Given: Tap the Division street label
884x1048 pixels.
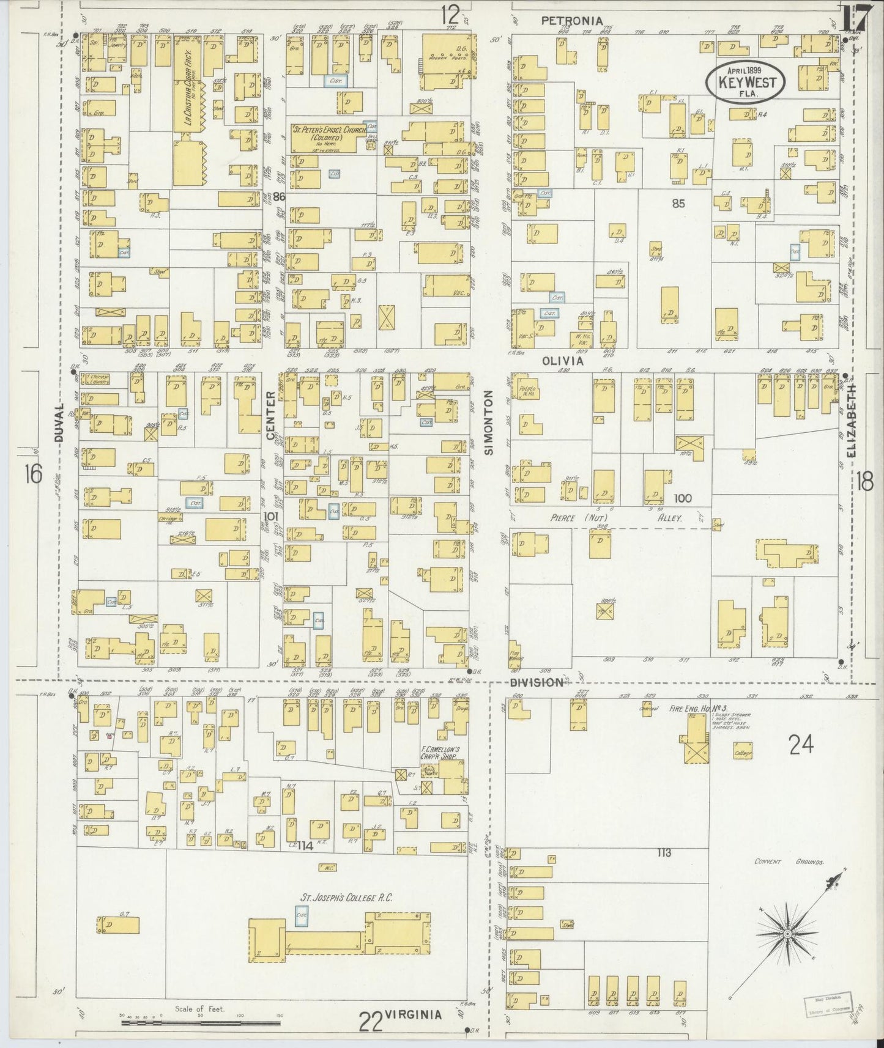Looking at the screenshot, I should coord(537,682).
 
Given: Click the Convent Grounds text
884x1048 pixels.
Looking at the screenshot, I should coord(789,862).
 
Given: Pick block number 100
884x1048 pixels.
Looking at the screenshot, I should coord(682,498).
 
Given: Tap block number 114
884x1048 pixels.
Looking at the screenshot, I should coord(305,846).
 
